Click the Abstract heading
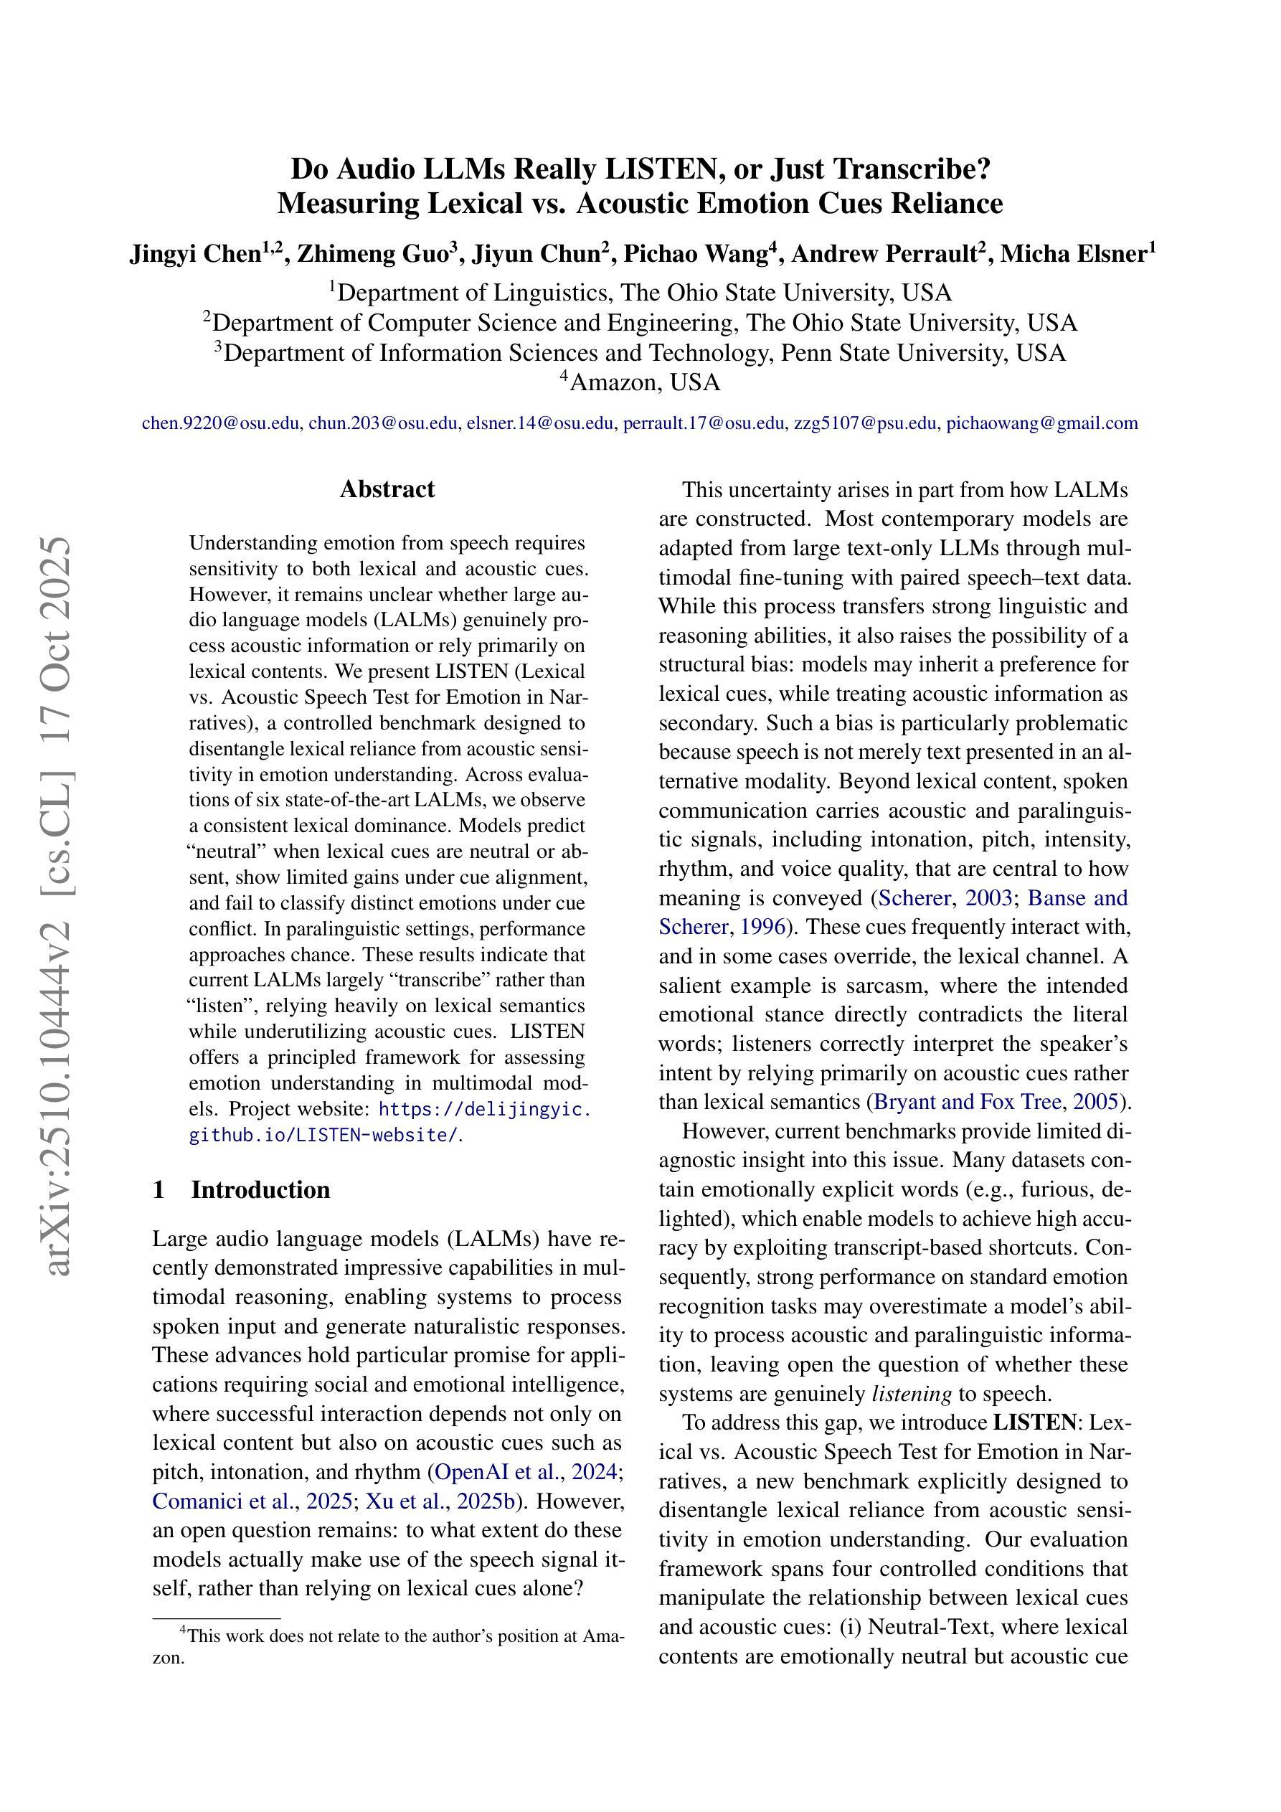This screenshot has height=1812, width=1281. point(387,489)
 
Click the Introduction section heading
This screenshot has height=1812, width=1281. point(260,1189)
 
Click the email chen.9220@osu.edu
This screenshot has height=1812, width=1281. point(221,423)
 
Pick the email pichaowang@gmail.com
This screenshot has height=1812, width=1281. point(1042,423)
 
